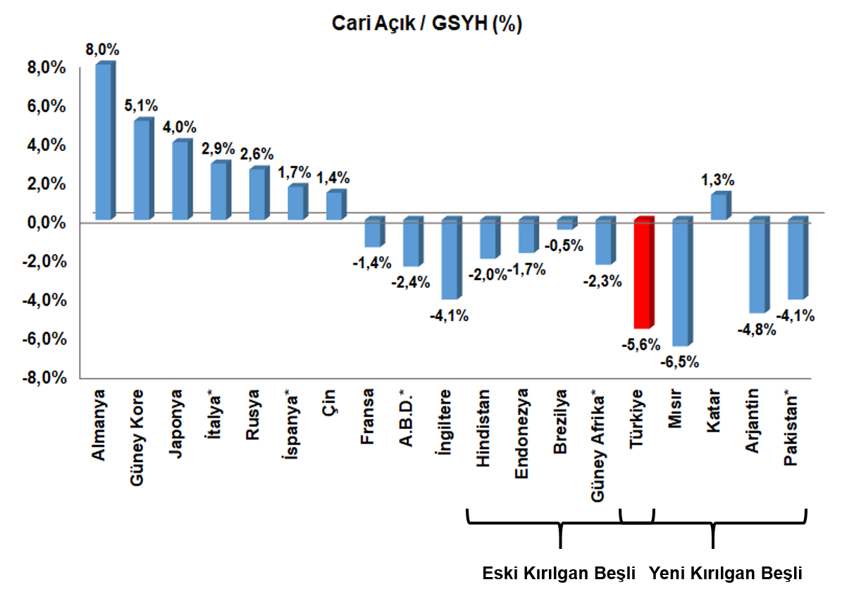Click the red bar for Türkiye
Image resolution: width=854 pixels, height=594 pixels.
pos(644,272)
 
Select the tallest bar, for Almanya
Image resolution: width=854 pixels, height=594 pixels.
pos(105,140)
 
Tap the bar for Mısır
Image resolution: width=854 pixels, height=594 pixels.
pos(683,281)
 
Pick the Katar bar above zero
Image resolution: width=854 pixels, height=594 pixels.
pos(721,205)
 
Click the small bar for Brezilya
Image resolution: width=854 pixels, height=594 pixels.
pos(567,223)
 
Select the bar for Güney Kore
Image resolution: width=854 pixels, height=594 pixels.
pos(144,169)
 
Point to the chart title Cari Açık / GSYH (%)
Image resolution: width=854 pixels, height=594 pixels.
pos(426,24)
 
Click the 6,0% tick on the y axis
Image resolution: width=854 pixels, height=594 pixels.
pos(46,106)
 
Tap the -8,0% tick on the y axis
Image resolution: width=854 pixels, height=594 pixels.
pos(44,378)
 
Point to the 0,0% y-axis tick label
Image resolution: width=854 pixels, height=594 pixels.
pos(46,222)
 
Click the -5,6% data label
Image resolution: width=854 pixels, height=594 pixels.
pos(641,345)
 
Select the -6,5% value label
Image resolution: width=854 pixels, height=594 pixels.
pos(679,362)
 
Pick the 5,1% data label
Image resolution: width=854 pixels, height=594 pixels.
pos(141,106)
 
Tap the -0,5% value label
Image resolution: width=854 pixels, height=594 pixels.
pos(564,246)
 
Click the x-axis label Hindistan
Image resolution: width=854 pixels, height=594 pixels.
pos(483,428)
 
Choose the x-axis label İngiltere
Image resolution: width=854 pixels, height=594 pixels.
pos(445,422)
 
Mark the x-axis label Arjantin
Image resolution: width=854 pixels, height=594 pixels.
pos(753,420)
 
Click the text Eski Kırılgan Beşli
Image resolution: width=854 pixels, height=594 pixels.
pos(559,573)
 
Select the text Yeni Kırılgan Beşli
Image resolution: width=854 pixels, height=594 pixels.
pos(726,573)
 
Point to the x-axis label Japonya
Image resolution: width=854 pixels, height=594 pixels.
pos(175,424)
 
